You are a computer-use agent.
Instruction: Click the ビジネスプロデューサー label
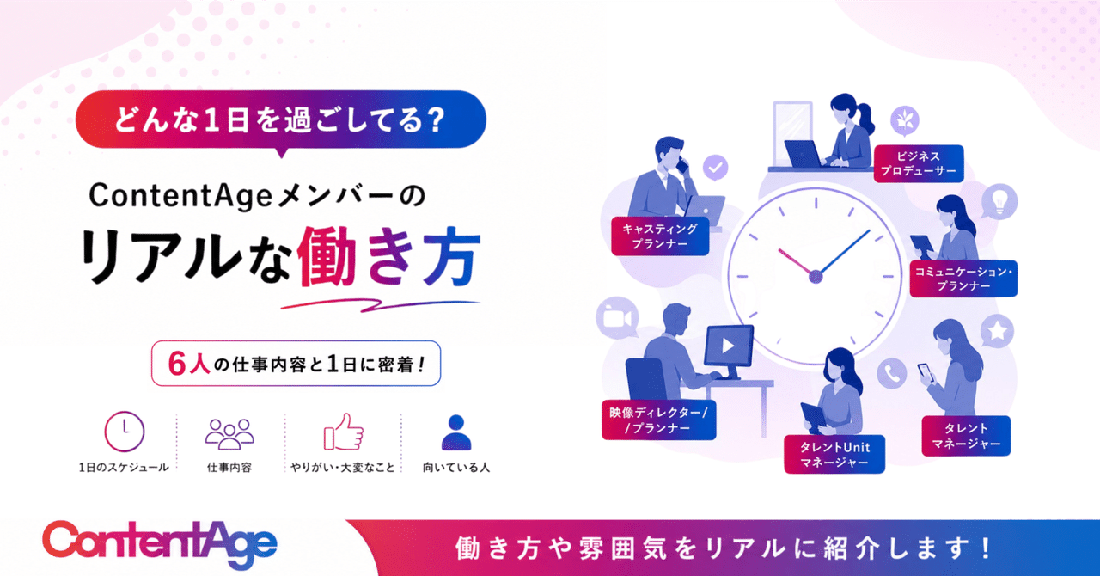919,163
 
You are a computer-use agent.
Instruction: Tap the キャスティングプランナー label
660,236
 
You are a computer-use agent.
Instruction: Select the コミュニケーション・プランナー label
963,279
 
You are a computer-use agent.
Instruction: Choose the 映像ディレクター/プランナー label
658,420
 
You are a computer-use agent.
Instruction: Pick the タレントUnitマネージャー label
834,454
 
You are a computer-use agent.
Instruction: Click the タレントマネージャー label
966,436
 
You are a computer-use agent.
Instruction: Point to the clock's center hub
816,277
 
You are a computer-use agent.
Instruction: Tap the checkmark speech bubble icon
716,169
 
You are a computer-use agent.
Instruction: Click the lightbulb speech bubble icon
999,201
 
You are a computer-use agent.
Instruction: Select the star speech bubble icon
998,331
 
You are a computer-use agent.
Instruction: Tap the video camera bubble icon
617,317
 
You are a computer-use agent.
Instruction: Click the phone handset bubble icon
892,373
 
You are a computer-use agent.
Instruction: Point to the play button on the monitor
728,346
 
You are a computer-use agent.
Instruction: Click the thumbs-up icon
343,432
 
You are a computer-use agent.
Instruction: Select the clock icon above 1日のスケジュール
125,432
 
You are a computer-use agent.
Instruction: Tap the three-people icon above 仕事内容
229,434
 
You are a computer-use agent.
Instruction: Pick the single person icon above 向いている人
456,432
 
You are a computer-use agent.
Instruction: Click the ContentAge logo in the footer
160,545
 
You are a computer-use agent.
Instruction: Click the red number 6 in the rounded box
176,365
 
